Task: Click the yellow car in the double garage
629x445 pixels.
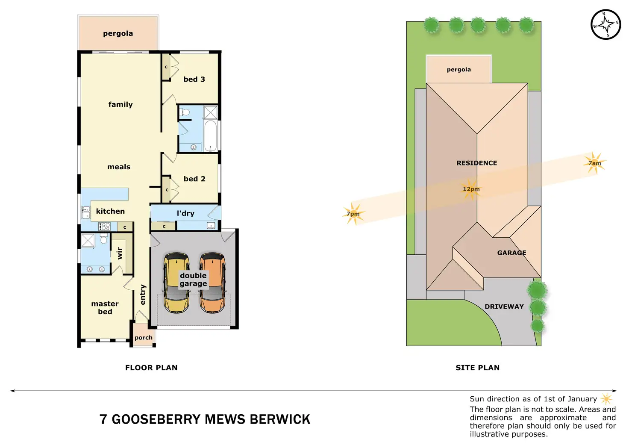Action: click(x=176, y=282)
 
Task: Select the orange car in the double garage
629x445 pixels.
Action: click(x=212, y=282)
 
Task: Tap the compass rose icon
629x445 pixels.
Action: click(x=605, y=24)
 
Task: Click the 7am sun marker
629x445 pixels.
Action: click(x=594, y=163)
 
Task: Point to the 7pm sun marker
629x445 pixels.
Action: click(x=353, y=214)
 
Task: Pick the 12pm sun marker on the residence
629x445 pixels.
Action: click(x=471, y=189)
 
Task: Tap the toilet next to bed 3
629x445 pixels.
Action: click(x=185, y=113)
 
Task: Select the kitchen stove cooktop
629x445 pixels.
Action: click(x=105, y=227)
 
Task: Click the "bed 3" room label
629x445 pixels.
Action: click(x=194, y=79)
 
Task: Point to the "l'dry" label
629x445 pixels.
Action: click(x=185, y=213)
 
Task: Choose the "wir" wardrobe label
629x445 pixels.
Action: click(x=120, y=253)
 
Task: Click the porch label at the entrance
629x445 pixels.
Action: click(x=143, y=338)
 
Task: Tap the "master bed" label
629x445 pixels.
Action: click(x=105, y=307)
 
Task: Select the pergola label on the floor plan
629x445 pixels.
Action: click(x=118, y=33)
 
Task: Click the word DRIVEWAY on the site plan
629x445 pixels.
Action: click(x=504, y=306)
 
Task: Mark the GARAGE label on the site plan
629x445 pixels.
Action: click(x=511, y=253)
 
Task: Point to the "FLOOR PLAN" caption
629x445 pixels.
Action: click(x=151, y=368)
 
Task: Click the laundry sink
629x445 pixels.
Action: click(x=211, y=225)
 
